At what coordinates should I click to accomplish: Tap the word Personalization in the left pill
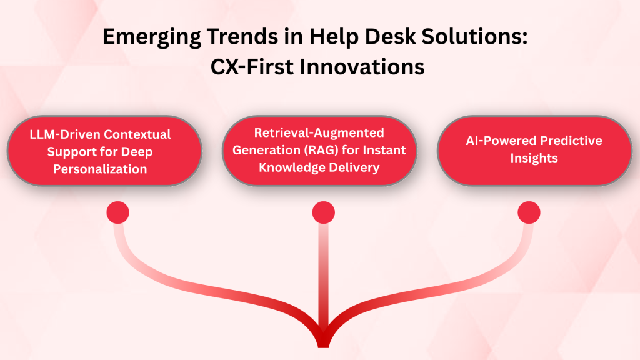click(x=104, y=169)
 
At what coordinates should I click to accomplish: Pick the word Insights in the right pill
click(x=534, y=159)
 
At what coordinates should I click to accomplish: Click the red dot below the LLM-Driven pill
click(x=117, y=213)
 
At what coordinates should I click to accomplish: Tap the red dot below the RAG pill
click(x=324, y=213)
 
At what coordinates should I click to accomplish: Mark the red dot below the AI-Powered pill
click(x=529, y=213)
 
